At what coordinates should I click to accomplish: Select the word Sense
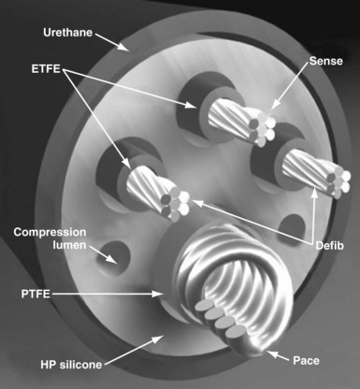[x=324, y=61]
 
